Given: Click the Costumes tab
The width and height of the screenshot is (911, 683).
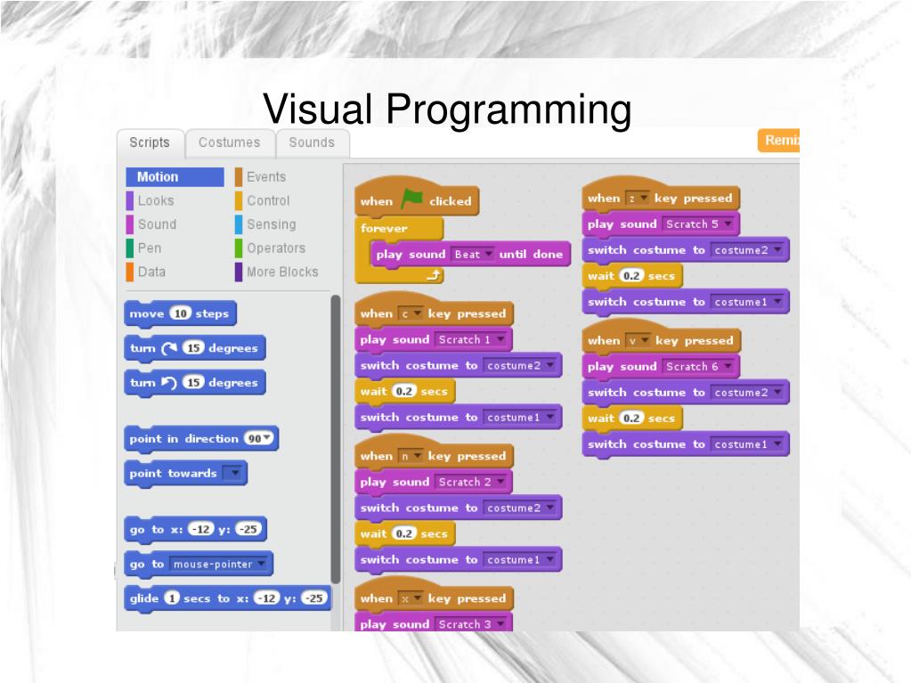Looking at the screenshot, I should coord(229,142).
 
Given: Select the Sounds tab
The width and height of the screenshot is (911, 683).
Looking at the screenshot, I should coord(312,142).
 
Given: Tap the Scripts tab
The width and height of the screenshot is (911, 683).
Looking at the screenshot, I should coord(149,142).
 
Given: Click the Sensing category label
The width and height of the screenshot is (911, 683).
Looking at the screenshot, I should coord(271,224).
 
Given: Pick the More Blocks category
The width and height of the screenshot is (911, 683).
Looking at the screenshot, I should coord(281,272).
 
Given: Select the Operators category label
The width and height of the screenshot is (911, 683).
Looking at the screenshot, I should coord(275,248).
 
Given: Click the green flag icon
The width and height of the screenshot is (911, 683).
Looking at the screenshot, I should coord(411,199).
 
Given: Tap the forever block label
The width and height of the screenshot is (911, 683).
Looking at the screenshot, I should coord(384,228).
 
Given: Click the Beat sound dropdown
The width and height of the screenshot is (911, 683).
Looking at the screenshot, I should coord(471,255).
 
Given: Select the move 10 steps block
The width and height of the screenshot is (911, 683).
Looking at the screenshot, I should coord(180,313).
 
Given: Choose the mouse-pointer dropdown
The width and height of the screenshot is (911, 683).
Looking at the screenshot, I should coord(219,565).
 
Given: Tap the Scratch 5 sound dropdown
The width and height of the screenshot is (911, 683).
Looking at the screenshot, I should coord(699,224).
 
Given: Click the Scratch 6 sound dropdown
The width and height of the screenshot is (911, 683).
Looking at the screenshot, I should coord(699,367).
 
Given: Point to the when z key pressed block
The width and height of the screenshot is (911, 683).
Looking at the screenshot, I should coord(661,199).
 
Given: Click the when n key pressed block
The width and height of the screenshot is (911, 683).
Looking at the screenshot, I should coord(433,456).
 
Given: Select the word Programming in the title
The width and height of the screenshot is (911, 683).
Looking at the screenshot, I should coord(508,110).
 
